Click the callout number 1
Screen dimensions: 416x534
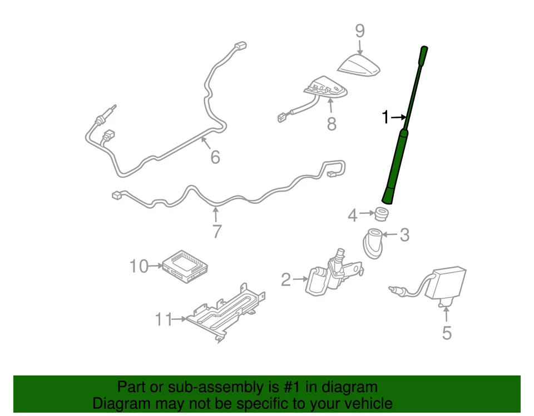tap(384, 117)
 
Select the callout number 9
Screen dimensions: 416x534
tap(359, 31)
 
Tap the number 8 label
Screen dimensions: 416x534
tap(332, 123)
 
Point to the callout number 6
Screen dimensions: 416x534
tap(215, 157)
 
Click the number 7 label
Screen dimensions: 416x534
tap(216, 230)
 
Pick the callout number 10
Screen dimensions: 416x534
tap(139, 267)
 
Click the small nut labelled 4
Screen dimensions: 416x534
tap(382, 213)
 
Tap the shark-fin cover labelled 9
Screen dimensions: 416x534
tap(359, 66)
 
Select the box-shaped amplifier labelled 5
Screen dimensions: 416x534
tap(449, 284)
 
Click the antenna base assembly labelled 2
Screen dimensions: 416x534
tap(331, 275)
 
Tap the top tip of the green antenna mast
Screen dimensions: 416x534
tap(424, 50)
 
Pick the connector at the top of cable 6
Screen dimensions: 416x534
tap(240, 46)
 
